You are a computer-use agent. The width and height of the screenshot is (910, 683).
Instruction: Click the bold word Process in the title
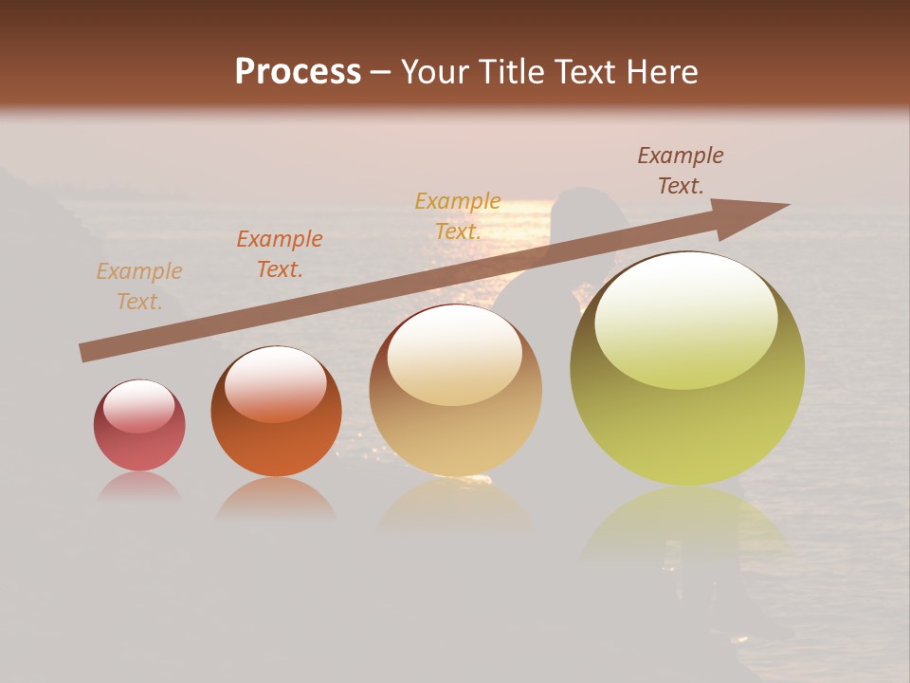pyautogui.click(x=298, y=72)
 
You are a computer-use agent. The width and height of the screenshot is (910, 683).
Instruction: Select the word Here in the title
pyautogui.click(x=660, y=72)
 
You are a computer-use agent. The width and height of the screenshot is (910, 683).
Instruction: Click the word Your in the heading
pyautogui.click(x=435, y=72)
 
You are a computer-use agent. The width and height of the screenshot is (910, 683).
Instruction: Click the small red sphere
pyautogui.click(x=139, y=426)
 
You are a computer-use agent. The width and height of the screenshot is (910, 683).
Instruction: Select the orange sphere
pyautogui.click(x=276, y=412)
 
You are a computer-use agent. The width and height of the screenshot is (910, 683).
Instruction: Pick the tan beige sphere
pyautogui.click(x=455, y=390)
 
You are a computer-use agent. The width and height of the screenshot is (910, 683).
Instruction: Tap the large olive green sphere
pyautogui.click(x=687, y=369)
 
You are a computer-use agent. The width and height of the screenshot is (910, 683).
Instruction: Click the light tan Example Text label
pyautogui.click(x=139, y=286)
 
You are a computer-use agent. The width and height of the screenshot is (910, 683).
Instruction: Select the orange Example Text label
pyautogui.click(x=280, y=254)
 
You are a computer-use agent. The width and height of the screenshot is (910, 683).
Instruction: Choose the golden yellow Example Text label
pyautogui.click(x=458, y=215)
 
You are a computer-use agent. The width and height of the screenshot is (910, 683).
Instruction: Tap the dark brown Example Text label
pyautogui.click(x=681, y=171)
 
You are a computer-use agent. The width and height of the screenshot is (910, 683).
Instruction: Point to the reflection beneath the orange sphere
pyautogui.click(x=276, y=500)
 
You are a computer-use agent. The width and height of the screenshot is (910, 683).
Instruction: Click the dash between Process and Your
pyautogui.click(x=381, y=72)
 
